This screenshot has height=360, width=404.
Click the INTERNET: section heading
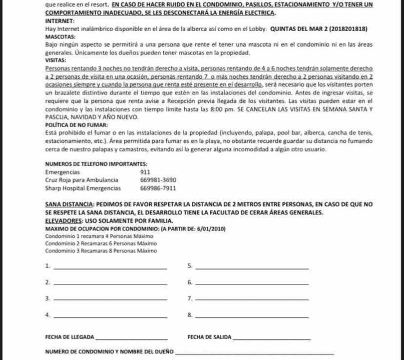tap(59, 21)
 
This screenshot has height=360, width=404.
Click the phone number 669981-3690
tap(158, 179)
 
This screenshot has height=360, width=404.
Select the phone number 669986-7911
tap(158, 188)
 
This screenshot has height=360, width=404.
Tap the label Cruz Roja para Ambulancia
tap(82, 179)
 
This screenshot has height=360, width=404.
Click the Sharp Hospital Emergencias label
tap(83, 188)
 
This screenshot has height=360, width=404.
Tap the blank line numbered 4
tap(110, 316)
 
